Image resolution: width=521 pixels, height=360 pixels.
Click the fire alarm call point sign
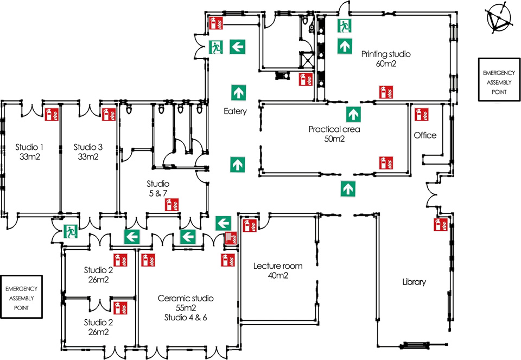(x=231, y=238)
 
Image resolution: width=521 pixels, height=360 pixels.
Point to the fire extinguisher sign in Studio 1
(x=52, y=114)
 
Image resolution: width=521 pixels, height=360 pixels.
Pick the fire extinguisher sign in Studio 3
(x=109, y=114)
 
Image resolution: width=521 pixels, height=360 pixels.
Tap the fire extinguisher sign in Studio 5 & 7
(x=171, y=205)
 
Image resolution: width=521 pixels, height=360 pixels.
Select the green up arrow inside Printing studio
(x=344, y=46)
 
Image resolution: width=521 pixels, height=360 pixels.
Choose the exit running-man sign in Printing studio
(x=344, y=26)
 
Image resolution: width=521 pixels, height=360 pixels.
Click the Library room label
(x=414, y=282)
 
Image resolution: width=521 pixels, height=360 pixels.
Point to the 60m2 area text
(x=386, y=64)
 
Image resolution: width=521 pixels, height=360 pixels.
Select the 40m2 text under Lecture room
(x=277, y=276)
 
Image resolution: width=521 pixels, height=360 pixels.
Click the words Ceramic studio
(x=186, y=298)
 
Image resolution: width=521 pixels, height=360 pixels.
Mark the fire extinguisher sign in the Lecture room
(x=250, y=226)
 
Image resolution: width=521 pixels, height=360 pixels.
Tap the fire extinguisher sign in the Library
(x=440, y=225)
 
